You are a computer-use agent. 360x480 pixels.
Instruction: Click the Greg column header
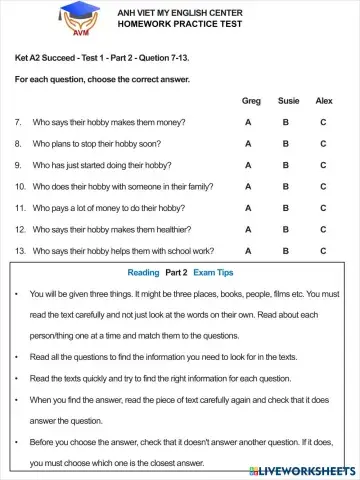(250, 101)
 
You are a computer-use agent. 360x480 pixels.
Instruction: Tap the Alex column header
(323, 101)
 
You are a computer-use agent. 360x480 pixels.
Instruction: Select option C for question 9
(323, 165)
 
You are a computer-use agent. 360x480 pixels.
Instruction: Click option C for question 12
(323, 230)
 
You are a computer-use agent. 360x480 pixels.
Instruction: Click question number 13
(20, 252)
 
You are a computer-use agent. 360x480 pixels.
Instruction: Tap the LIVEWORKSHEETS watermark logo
(311, 469)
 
